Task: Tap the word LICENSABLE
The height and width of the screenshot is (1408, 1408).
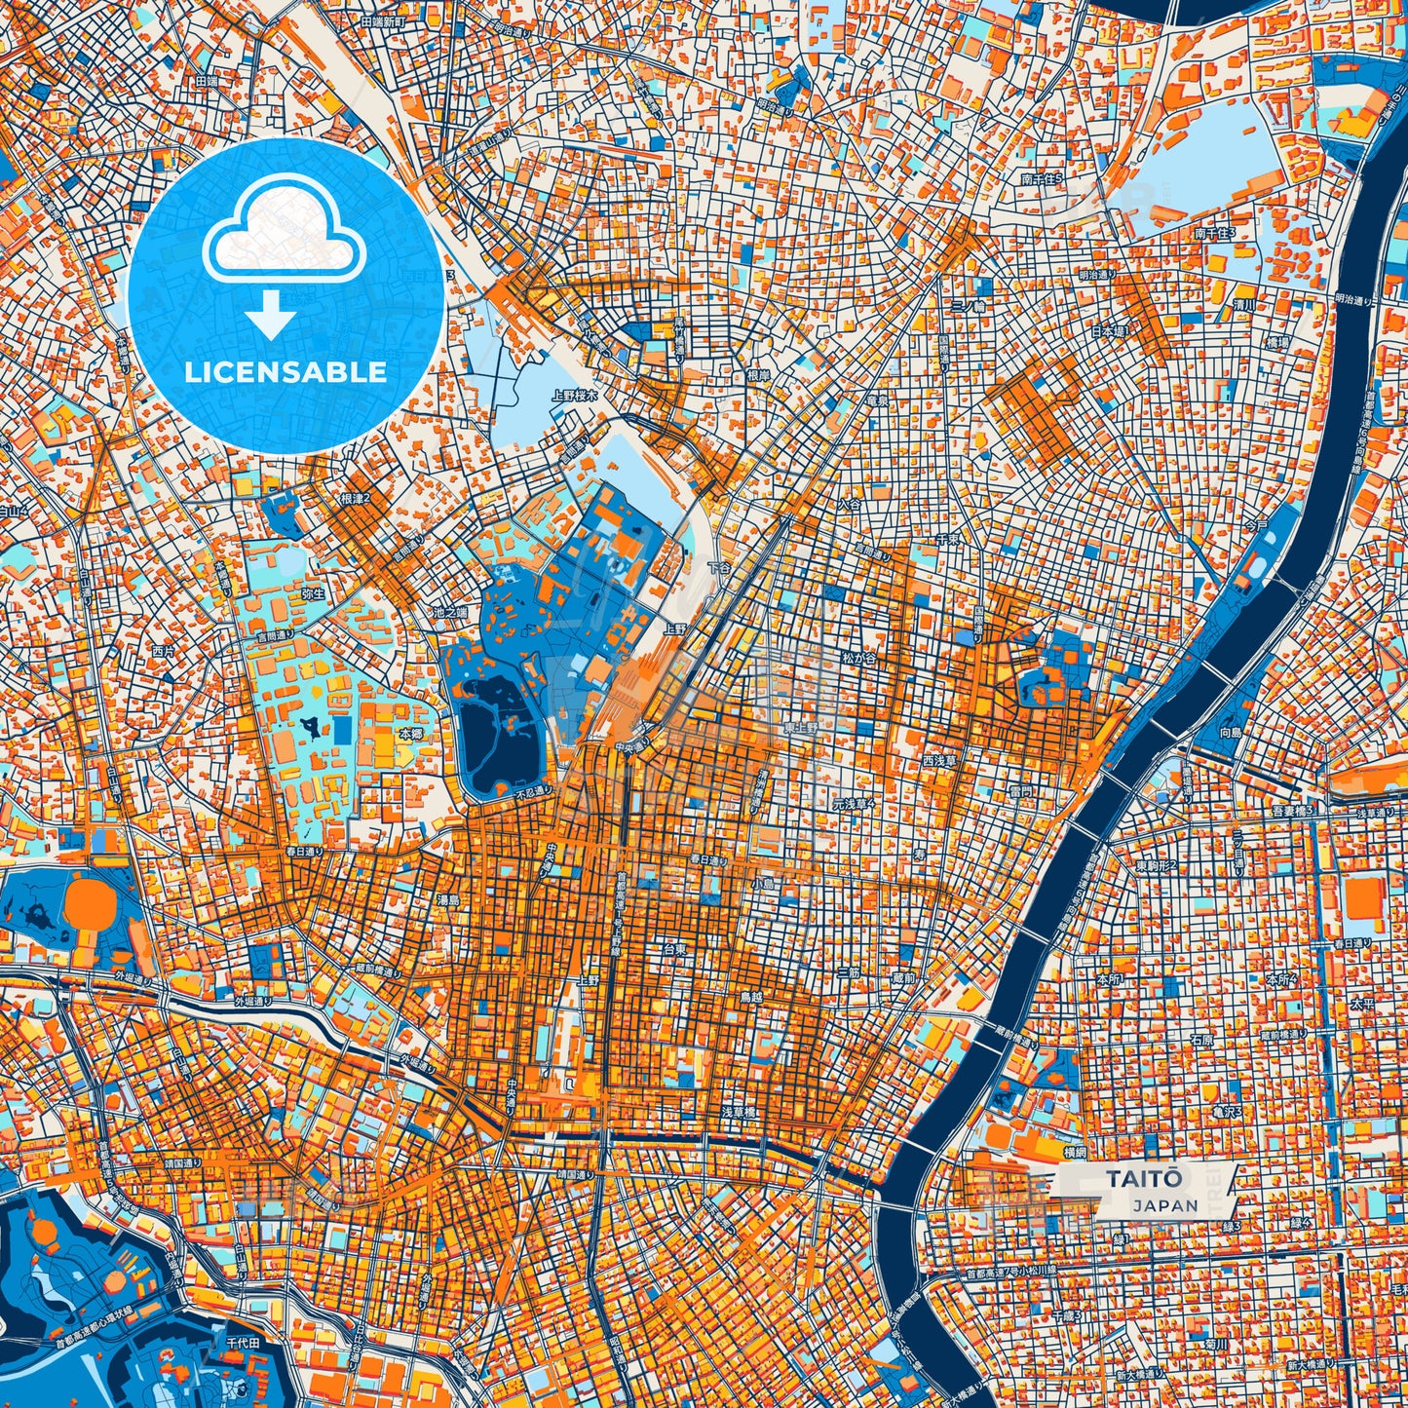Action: click(286, 372)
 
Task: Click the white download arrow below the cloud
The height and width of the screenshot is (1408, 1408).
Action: click(271, 316)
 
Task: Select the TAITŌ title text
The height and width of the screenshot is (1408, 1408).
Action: click(1144, 1178)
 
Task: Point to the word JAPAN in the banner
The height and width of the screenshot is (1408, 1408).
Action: click(1165, 1205)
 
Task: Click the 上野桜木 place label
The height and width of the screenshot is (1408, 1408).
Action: click(573, 396)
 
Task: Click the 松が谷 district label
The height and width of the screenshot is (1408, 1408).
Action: click(858, 659)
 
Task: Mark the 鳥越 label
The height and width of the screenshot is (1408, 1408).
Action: click(751, 997)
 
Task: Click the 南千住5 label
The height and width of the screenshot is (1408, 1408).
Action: click(1042, 179)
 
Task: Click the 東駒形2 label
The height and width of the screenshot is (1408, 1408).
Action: click(1156, 865)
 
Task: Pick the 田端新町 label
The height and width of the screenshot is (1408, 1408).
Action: click(382, 20)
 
